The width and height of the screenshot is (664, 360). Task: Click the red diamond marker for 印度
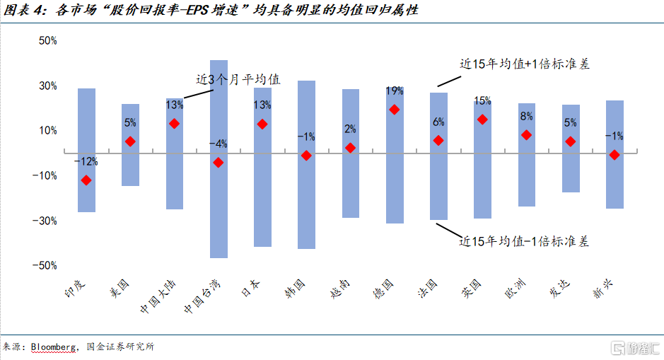86,180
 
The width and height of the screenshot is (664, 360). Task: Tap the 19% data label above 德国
395,91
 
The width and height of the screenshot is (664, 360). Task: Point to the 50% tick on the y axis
47,41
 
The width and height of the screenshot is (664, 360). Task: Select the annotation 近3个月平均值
238,79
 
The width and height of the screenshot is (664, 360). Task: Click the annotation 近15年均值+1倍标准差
524,64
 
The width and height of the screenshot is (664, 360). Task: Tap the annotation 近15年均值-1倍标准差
524,241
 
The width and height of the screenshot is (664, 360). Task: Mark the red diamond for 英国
482,120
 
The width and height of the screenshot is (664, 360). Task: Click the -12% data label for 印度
86,162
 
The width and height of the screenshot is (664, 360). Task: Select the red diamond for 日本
262,124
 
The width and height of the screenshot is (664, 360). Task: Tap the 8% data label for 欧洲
526,117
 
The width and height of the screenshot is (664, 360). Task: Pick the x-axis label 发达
561,290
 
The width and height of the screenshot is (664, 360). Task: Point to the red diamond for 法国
438,141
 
